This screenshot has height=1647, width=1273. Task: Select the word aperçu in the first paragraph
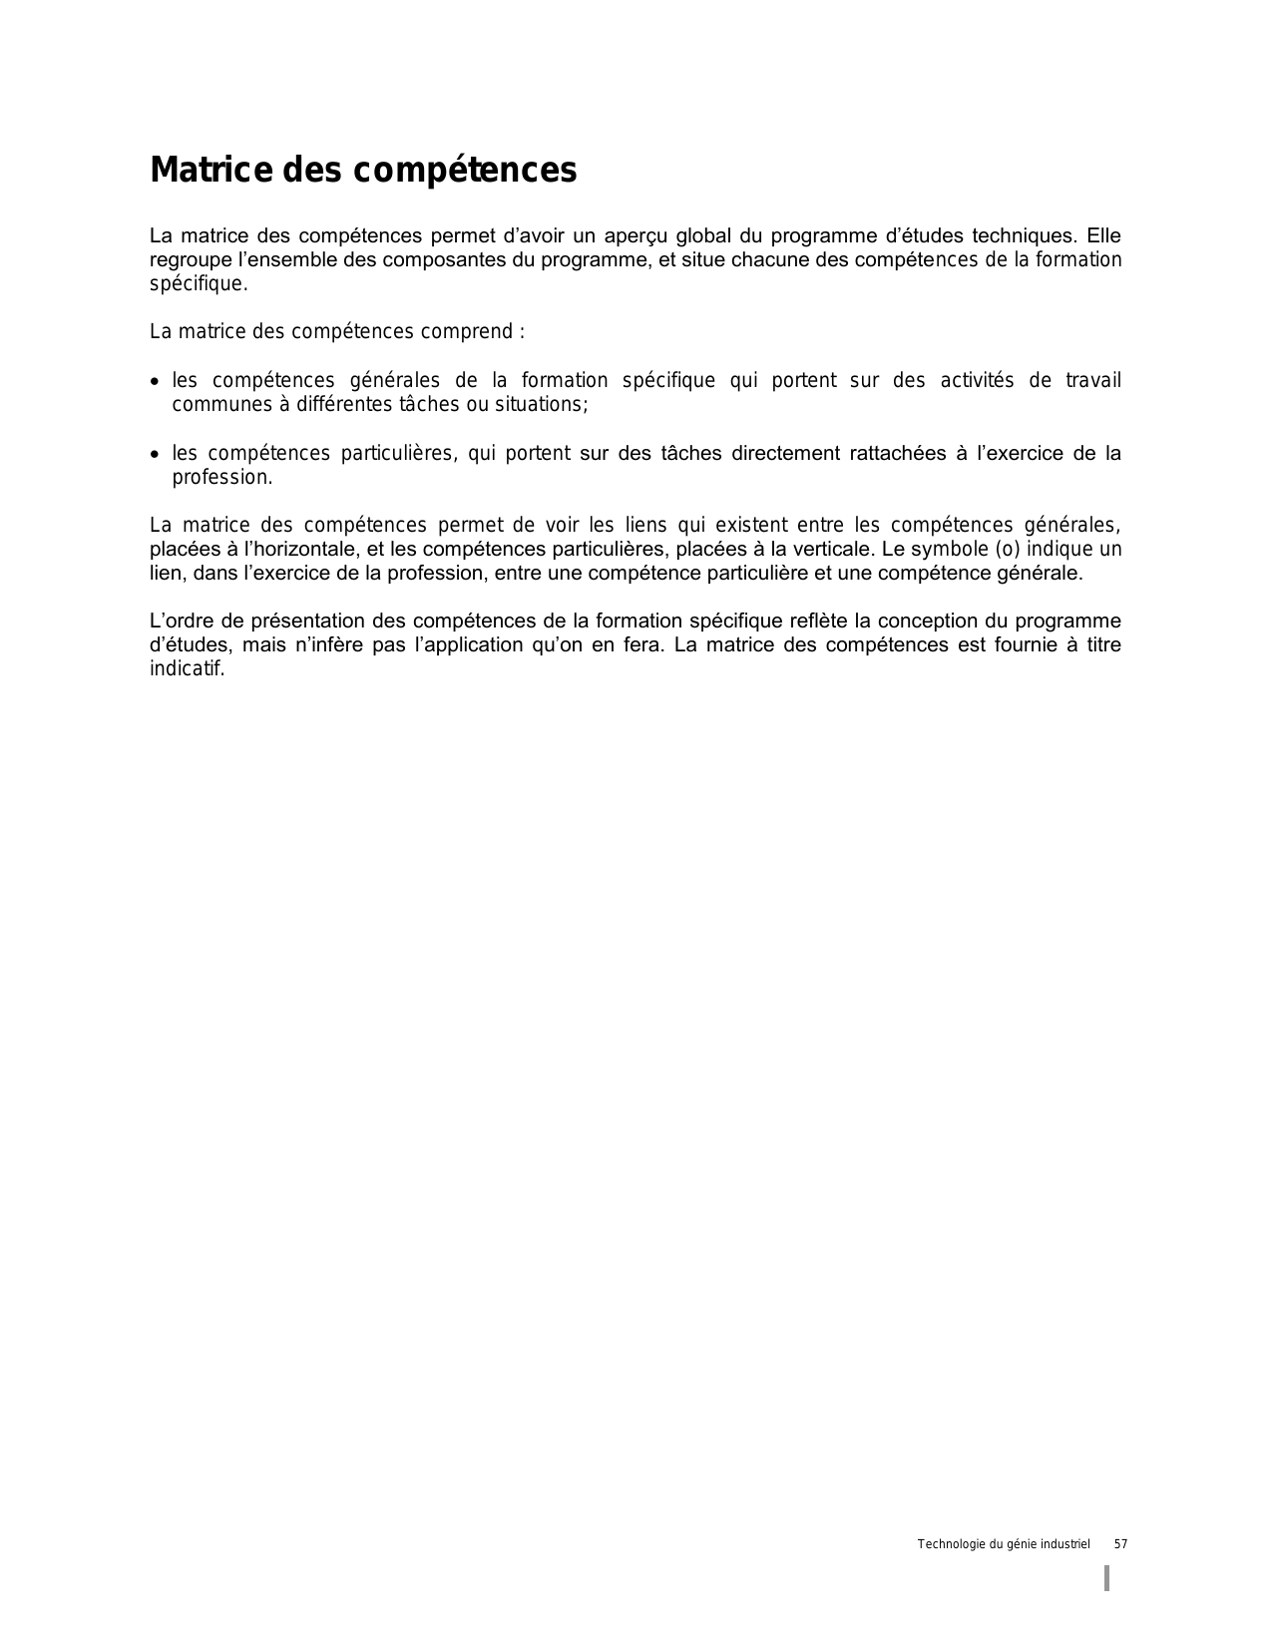click(x=636, y=236)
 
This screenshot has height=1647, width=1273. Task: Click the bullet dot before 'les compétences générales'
click(x=154, y=382)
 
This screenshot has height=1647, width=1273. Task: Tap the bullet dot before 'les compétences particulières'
click(x=154, y=455)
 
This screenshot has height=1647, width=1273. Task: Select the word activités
click(x=977, y=380)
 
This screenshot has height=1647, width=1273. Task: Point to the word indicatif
click(x=187, y=668)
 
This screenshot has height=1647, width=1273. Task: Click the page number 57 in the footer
click(x=1120, y=1544)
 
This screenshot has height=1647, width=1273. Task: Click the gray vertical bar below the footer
click(x=1107, y=1578)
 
